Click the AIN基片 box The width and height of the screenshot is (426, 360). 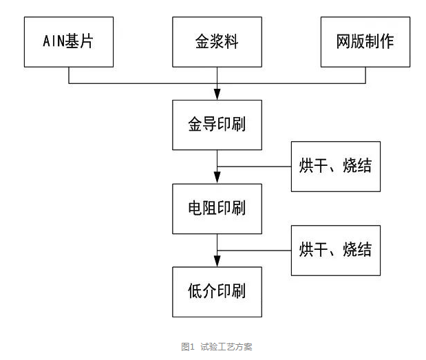pyautogui.click(x=69, y=42)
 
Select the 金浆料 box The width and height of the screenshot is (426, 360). pyautogui.click(x=217, y=42)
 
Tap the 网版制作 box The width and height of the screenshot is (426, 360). pyautogui.click(x=365, y=42)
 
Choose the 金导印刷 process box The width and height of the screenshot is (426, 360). pyautogui.click(x=217, y=125)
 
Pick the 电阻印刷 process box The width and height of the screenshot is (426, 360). pyautogui.click(x=217, y=208)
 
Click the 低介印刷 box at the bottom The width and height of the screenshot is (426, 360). pyautogui.click(x=217, y=291)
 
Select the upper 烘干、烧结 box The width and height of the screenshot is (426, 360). pyautogui.click(x=336, y=166)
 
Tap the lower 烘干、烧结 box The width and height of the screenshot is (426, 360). pyautogui.click(x=336, y=249)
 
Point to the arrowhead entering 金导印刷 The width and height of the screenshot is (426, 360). pyautogui.click(x=217, y=94)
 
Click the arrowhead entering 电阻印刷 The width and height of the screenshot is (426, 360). pyautogui.click(x=217, y=178)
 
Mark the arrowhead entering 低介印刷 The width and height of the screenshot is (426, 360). pyautogui.click(x=217, y=261)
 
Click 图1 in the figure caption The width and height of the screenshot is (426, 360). pyautogui.click(x=187, y=347)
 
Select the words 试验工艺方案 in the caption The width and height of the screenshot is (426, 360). pyautogui.click(x=226, y=347)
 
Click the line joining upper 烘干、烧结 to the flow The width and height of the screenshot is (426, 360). pyautogui.click(x=255, y=166)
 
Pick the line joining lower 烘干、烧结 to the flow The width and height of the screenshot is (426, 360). pyautogui.click(x=255, y=249)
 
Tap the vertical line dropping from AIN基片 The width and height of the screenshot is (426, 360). pyautogui.click(x=69, y=75)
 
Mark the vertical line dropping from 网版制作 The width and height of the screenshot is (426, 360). pyautogui.click(x=365, y=75)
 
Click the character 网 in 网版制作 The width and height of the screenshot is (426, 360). pyautogui.click(x=343, y=42)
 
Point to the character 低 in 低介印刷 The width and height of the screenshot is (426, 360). pyautogui.click(x=195, y=291)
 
